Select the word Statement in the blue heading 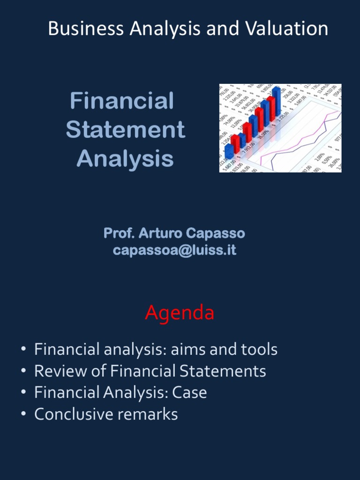tap(126, 130)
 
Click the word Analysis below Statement tap(126, 158)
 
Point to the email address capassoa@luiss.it tap(174, 250)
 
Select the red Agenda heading tap(180, 313)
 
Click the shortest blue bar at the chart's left tap(229, 151)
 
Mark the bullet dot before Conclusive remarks tap(23, 415)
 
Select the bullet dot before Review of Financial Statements tap(23, 372)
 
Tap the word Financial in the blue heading tap(122, 101)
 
